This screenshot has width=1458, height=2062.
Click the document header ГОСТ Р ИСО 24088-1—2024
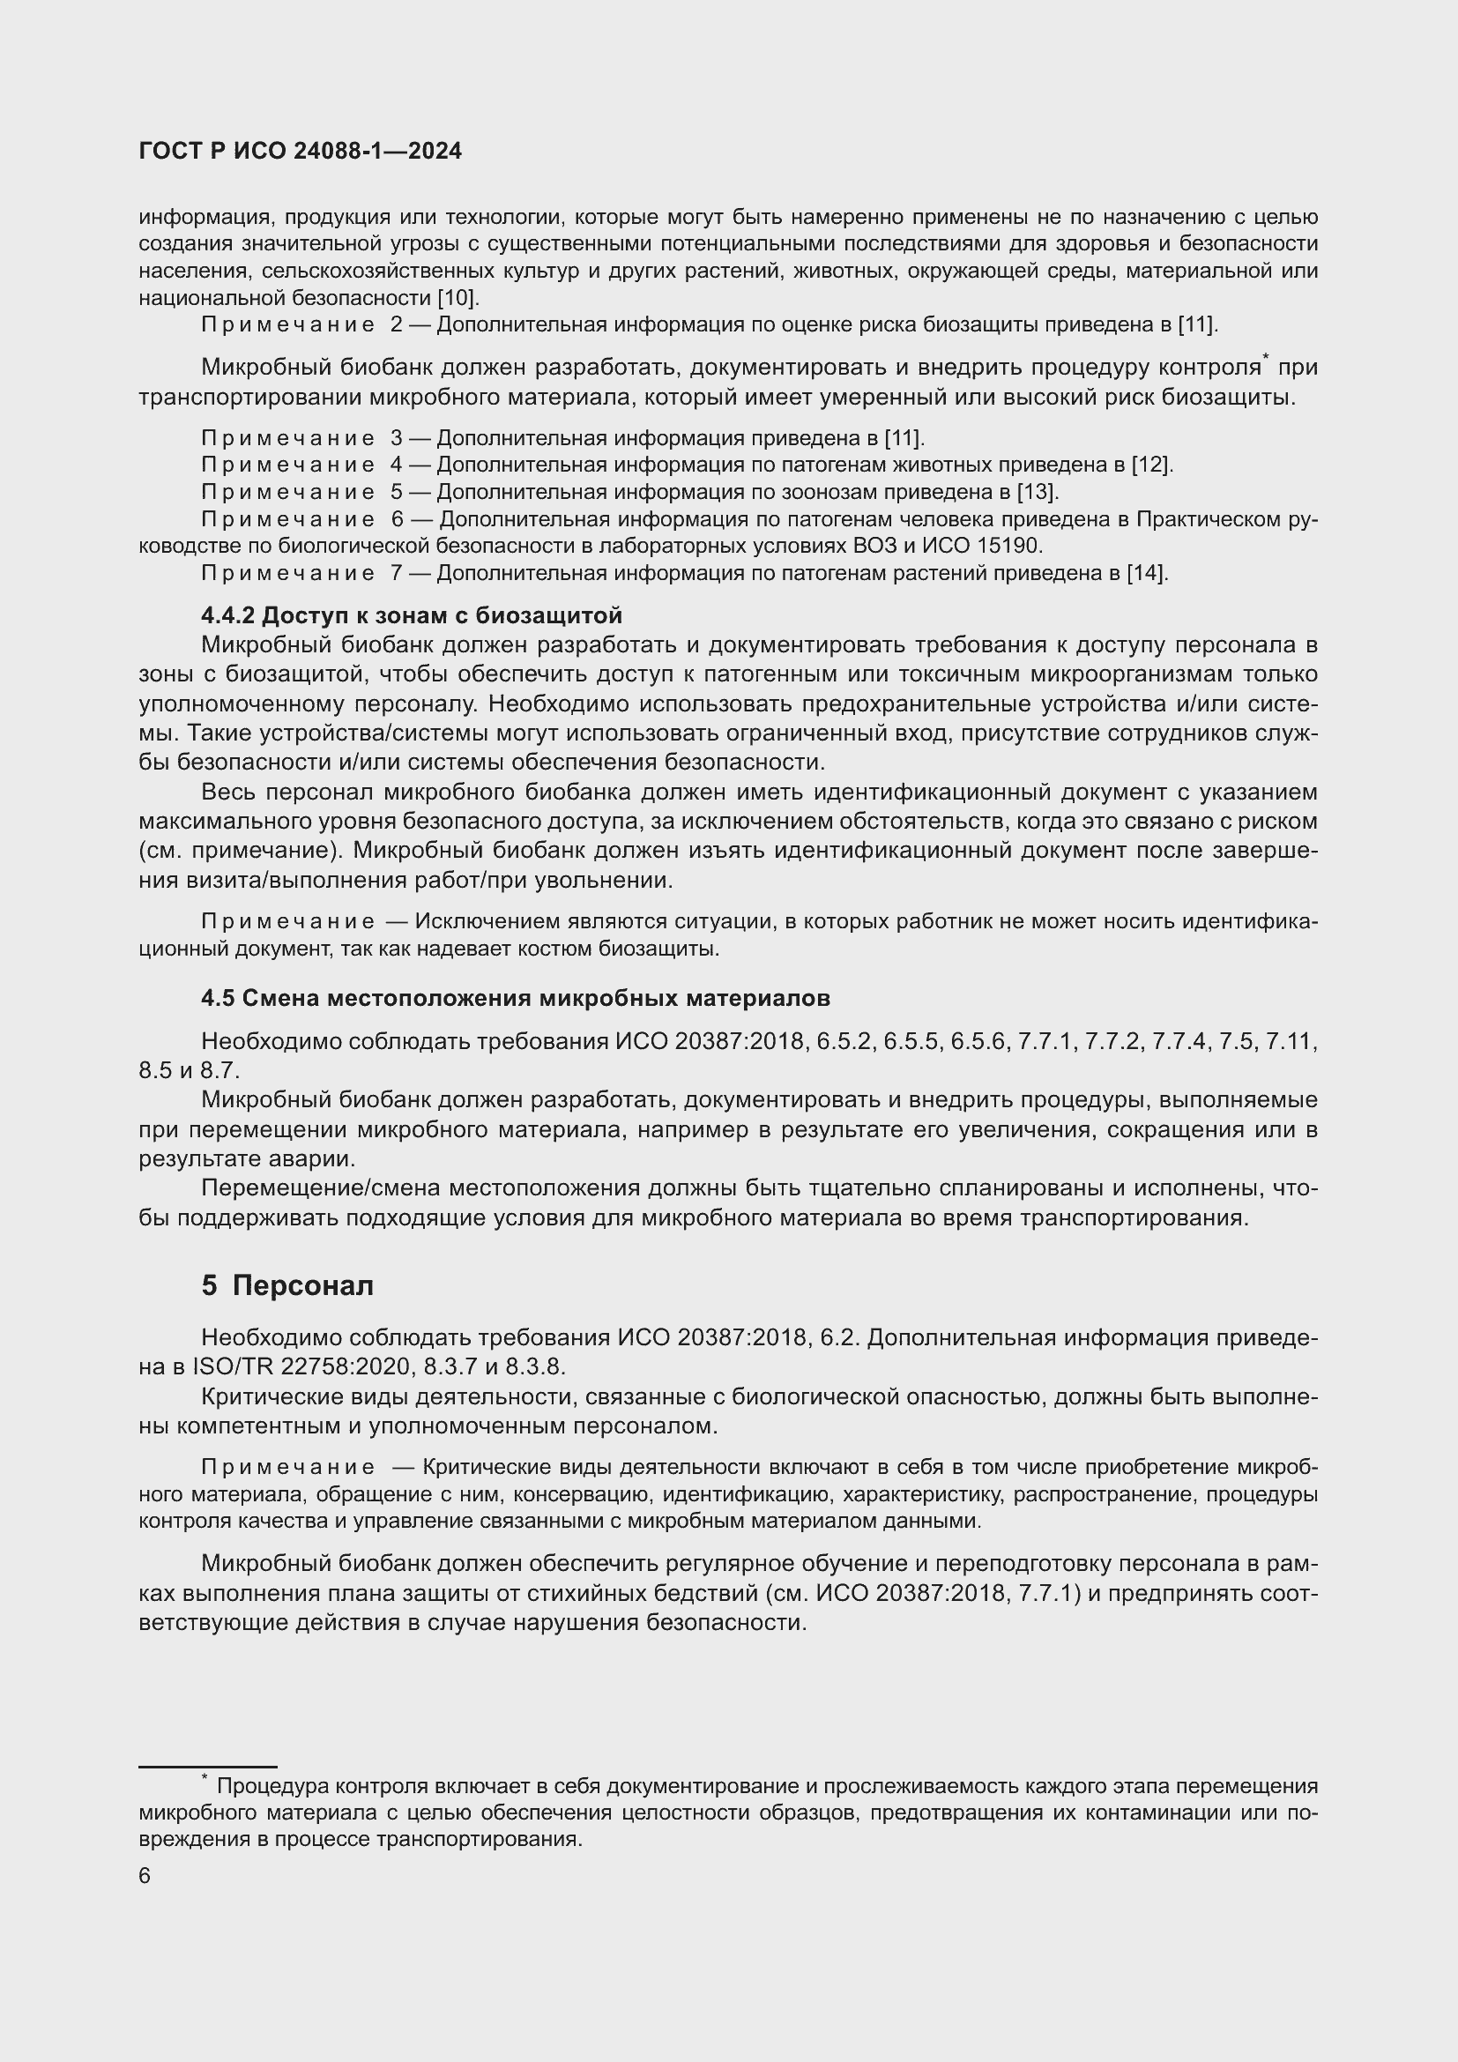point(300,151)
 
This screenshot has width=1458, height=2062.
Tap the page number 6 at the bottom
point(145,1876)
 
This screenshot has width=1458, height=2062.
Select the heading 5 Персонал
point(287,1286)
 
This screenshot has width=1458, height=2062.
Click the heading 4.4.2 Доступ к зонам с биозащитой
point(411,615)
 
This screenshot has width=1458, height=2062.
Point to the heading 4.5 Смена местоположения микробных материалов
point(516,998)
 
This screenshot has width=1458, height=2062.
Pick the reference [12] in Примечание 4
point(1152,465)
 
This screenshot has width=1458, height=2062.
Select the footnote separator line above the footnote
point(207,1767)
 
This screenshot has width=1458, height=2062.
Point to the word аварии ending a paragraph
point(321,1158)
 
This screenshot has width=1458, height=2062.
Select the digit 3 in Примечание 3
point(396,438)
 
